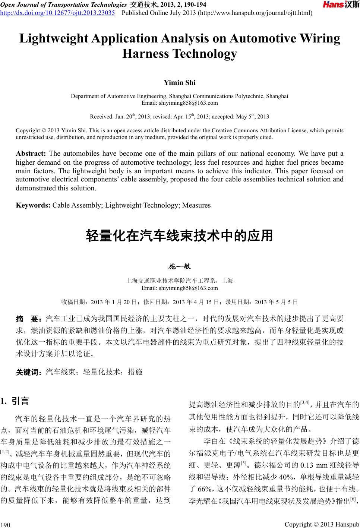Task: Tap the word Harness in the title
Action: click(x=145, y=54)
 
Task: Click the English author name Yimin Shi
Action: click(x=180, y=82)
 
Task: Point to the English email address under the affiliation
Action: click(x=180, y=103)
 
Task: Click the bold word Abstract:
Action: click(x=31, y=154)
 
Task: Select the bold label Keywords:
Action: click(x=33, y=205)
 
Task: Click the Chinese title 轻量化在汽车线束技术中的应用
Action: click(x=180, y=235)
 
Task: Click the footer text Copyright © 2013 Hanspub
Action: click(x=322, y=524)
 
